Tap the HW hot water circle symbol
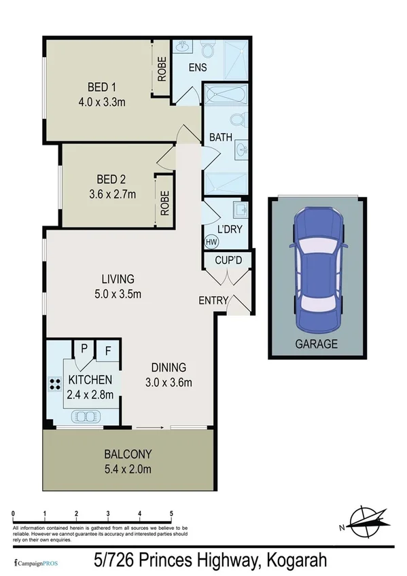(211, 240)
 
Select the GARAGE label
(316, 344)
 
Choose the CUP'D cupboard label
(228, 260)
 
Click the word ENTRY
(213, 300)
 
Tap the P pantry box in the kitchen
(84, 349)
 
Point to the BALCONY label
(128, 454)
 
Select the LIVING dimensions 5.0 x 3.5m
(118, 293)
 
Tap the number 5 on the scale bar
(171, 514)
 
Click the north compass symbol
(366, 520)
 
